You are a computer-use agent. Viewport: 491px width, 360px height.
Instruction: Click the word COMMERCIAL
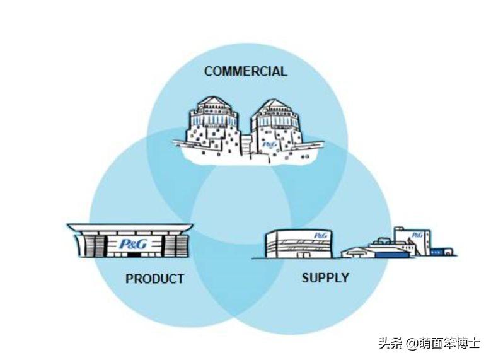click(245, 71)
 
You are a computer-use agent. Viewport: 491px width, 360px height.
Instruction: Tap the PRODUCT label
click(154, 278)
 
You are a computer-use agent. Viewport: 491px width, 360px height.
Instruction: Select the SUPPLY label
click(325, 277)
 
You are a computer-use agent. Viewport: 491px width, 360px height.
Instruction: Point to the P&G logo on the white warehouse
click(320, 235)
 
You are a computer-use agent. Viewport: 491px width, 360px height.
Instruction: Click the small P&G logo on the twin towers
click(270, 144)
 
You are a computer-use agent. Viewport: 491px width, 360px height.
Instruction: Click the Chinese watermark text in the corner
click(429, 343)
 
